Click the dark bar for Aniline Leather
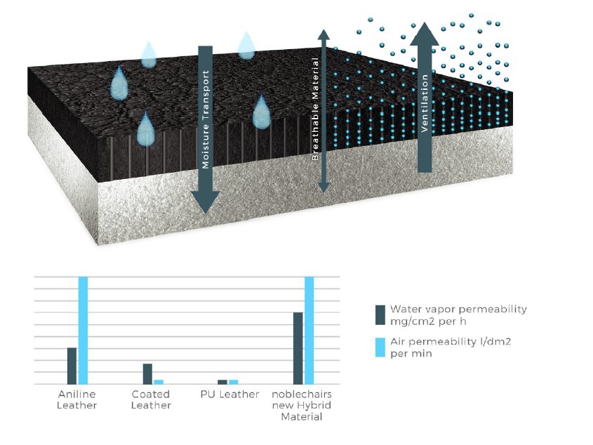(x=72, y=366)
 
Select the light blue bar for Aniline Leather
(x=83, y=330)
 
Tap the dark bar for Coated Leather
(x=147, y=373)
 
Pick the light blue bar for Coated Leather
(x=159, y=382)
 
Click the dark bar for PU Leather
(x=222, y=382)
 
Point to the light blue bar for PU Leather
(x=234, y=382)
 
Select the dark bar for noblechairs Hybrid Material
(x=298, y=348)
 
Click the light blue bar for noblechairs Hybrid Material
(x=309, y=330)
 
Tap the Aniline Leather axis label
(x=76, y=399)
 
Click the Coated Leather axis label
(x=151, y=399)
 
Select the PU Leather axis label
(x=229, y=394)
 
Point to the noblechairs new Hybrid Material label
(x=301, y=406)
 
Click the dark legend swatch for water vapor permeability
(x=380, y=315)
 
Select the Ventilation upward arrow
(x=424, y=98)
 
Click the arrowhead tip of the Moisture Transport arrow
(x=206, y=211)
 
